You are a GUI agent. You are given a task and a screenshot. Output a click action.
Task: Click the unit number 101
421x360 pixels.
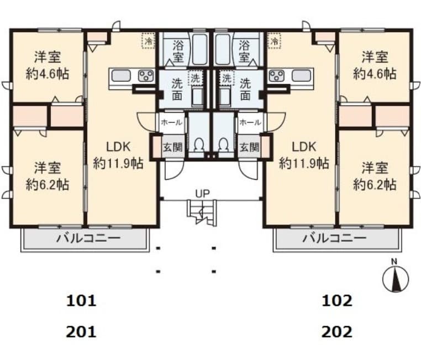(x=81, y=301)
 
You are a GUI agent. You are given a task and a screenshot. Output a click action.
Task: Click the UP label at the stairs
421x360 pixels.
(x=202, y=194)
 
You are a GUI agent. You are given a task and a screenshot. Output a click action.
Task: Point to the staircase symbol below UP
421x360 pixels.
(x=201, y=212)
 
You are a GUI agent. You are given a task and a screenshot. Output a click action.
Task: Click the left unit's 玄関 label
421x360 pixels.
(x=172, y=147)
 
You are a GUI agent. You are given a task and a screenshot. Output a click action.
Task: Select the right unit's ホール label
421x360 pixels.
(x=250, y=123)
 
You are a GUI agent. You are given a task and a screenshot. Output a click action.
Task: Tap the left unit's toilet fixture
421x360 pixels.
(x=198, y=147)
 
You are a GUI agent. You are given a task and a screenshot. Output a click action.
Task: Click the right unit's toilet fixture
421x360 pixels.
(x=223, y=147)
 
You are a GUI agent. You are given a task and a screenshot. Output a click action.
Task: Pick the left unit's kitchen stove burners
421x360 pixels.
(x=145, y=76)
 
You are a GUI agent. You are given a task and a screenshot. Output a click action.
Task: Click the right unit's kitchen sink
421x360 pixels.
(x=301, y=76)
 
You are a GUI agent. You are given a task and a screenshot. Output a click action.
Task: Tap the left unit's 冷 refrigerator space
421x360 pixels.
(x=148, y=41)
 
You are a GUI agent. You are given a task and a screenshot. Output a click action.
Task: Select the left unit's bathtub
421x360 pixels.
(x=199, y=49)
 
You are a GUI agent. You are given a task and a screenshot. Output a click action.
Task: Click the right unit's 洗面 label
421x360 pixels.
(x=245, y=89)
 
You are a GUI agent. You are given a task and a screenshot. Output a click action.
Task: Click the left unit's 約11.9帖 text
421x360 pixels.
(x=118, y=163)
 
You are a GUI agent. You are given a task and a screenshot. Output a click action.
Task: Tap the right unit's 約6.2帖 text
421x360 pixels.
(x=375, y=185)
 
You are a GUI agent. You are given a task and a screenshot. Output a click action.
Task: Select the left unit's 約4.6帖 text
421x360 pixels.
(x=48, y=74)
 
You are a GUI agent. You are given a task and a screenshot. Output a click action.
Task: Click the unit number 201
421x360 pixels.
(x=81, y=332)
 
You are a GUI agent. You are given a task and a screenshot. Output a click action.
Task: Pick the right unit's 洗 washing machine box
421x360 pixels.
(x=227, y=78)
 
